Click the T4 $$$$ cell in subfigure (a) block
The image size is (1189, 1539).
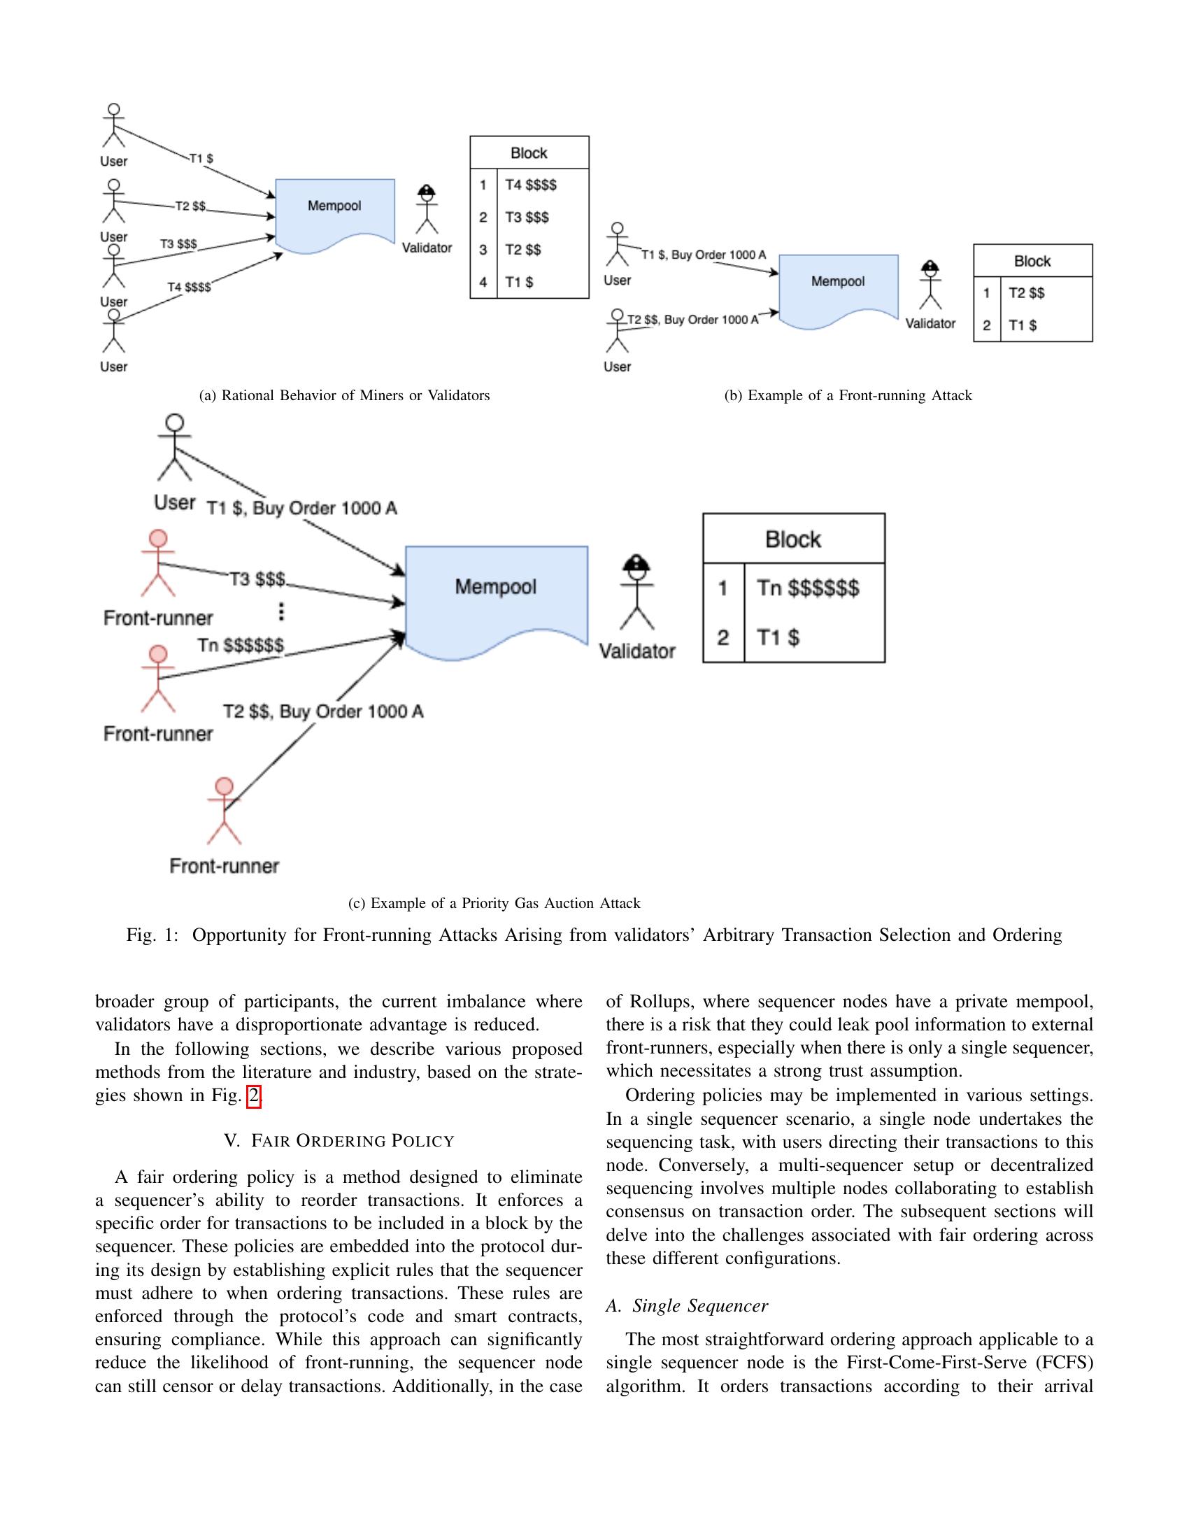point(530,185)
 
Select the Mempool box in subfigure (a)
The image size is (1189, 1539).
point(334,211)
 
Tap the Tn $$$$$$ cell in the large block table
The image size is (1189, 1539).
point(808,588)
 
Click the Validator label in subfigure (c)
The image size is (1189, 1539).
point(636,651)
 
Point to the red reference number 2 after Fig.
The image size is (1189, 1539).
point(254,1095)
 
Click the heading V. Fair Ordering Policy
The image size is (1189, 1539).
point(339,1140)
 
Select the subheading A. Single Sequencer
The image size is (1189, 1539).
point(687,1306)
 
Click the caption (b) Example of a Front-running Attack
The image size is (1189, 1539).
point(848,395)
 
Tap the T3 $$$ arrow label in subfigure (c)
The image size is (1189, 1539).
point(257,579)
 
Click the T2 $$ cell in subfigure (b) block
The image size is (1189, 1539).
point(1026,292)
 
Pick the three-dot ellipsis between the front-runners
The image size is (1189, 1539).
point(281,611)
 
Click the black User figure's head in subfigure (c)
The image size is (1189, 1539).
point(175,423)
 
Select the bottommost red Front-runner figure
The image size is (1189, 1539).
point(224,810)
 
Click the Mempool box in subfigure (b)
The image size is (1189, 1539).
point(838,288)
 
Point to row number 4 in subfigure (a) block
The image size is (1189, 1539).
point(483,282)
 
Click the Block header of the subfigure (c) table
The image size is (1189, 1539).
point(793,539)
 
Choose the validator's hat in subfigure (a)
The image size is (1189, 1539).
point(427,190)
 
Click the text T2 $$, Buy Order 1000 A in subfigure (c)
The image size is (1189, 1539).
point(323,711)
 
